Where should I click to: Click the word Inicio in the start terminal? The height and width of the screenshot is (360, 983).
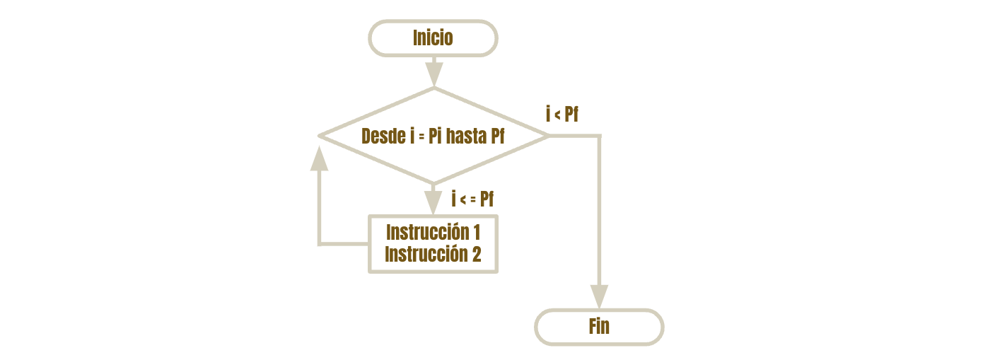tap(433, 37)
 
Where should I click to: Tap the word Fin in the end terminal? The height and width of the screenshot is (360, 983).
tap(599, 326)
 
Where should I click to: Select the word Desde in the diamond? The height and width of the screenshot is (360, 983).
tap(383, 136)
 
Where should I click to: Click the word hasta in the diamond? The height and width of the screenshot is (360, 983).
tap(467, 136)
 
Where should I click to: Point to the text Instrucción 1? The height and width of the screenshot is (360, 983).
tap(433, 232)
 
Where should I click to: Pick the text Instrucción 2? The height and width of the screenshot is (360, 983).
tap(433, 254)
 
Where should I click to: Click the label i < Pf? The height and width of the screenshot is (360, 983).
tap(562, 114)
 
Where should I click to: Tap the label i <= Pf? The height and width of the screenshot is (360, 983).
tap(472, 199)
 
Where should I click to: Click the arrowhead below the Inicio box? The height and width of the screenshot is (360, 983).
tap(434, 74)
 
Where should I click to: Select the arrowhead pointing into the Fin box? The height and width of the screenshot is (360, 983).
tap(599, 297)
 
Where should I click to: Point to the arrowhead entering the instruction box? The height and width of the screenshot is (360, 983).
tap(433, 203)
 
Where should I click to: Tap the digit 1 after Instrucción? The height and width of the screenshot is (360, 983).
tap(477, 232)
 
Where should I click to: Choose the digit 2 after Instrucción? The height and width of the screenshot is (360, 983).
tap(477, 254)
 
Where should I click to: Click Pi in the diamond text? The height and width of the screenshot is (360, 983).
tap(434, 136)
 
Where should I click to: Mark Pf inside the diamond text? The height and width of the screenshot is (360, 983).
tap(498, 136)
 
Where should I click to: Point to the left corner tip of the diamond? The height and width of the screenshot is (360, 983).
tap(319, 136)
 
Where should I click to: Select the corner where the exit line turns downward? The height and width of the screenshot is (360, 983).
tap(599, 136)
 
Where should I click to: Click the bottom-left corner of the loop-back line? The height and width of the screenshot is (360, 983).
tap(320, 244)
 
